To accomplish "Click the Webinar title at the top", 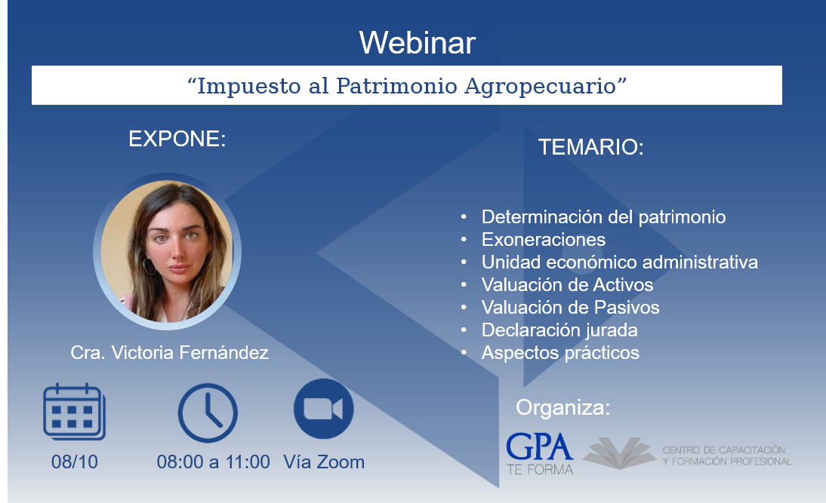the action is (x=418, y=43).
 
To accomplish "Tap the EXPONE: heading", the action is (x=177, y=139).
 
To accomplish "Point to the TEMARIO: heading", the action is (x=591, y=147).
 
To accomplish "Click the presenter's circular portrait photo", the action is (x=168, y=252).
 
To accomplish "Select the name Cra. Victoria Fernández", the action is (x=170, y=352).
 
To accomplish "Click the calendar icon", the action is (x=74, y=412).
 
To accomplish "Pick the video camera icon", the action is (x=323, y=409).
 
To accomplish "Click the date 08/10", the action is (x=74, y=462).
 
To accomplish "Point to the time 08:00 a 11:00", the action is (x=214, y=462).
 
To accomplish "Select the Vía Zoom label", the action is (x=324, y=462).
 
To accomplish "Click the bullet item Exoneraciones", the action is (x=543, y=240).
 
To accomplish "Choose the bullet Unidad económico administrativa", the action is (x=619, y=262).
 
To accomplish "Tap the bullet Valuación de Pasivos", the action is (x=570, y=307).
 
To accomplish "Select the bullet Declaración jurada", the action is (x=559, y=330).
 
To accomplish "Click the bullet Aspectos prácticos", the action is (x=560, y=353).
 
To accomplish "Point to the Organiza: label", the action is (x=562, y=408).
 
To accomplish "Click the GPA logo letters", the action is (x=539, y=447).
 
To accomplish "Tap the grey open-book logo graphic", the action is (x=619, y=452).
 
